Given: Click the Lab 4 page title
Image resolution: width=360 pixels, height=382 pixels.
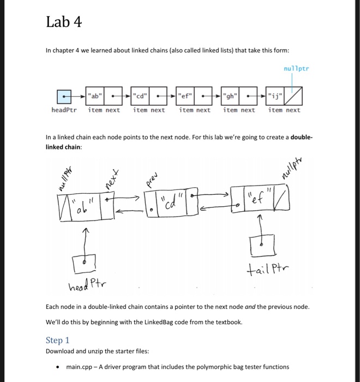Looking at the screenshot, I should coord(64,22).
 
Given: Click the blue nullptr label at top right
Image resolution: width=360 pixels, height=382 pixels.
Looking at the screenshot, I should coord(296,69).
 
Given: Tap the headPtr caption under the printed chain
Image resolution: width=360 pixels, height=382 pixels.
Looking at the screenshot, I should coord(64,110).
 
